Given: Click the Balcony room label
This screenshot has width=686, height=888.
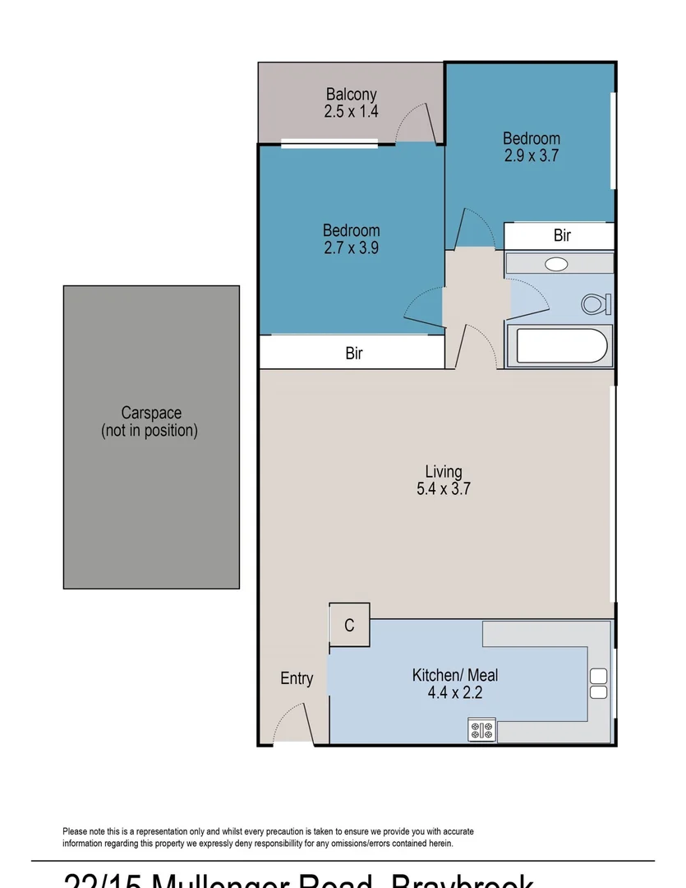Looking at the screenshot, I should coord(351,95).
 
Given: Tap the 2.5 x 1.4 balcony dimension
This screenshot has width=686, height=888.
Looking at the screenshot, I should coord(351,112).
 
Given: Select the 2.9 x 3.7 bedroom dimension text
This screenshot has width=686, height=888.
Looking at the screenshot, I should coord(532,155).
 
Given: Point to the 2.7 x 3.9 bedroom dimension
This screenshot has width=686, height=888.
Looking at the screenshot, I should coord(351,247).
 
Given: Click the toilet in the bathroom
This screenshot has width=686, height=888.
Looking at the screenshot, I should coord(594,304).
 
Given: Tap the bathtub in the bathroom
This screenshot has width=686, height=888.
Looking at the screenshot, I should coord(559,346).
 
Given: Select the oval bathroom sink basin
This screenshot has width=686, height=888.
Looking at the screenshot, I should coord(557,264).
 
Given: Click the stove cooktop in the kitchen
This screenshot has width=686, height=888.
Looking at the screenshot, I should coord(481,729).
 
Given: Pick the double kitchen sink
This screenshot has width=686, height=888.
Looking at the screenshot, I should coord(598,683).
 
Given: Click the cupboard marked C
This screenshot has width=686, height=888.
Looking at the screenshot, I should coord(349,626).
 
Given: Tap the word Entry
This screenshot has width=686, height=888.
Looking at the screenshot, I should coord(297,678).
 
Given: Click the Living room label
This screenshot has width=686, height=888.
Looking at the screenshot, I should coord(444,472).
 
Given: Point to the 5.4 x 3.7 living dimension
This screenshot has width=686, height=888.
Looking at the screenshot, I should coord(444,489).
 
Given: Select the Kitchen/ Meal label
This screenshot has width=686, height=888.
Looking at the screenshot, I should coord(454,675).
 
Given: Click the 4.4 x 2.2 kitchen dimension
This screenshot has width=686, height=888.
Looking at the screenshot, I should coord(454,693).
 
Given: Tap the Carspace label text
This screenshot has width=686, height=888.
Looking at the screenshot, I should coord(151,413).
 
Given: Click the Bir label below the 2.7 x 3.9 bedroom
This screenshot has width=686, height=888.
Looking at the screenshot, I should coord(354,354).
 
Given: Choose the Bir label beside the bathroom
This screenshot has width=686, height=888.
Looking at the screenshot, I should coord(562,236).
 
